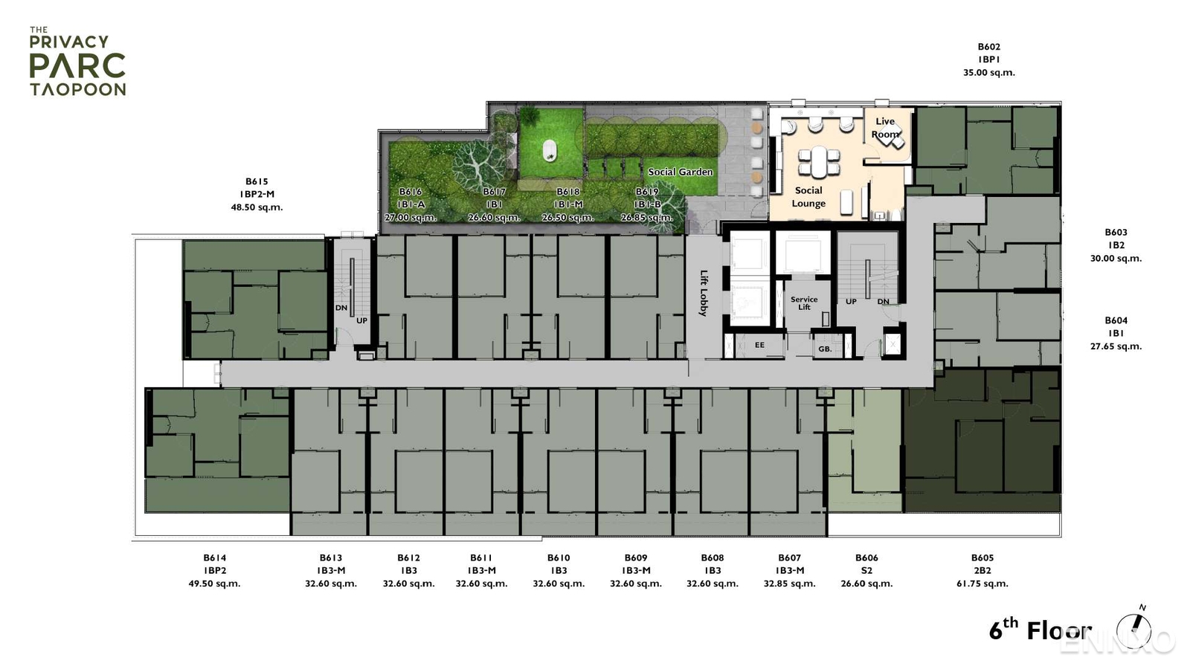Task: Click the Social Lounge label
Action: coord(808,197)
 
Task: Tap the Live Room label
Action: coord(885,128)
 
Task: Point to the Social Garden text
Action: coord(680,172)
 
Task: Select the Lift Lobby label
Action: coord(704,293)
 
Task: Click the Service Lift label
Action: coord(804,303)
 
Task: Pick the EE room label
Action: coord(759,345)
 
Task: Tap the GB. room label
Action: coord(825,349)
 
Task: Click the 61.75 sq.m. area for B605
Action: coord(982,584)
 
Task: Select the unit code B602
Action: coord(988,47)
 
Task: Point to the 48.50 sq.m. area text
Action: coord(257,207)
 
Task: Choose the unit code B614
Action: coord(214,557)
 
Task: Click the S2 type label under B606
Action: coord(866,571)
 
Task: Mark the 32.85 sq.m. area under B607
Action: coord(789,584)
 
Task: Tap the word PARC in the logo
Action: coord(77,65)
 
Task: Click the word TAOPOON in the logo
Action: coord(77,89)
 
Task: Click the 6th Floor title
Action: coord(1039,630)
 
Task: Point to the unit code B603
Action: coord(1116,233)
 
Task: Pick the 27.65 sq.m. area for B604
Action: coord(1116,346)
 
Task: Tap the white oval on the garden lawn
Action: coord(550,151)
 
